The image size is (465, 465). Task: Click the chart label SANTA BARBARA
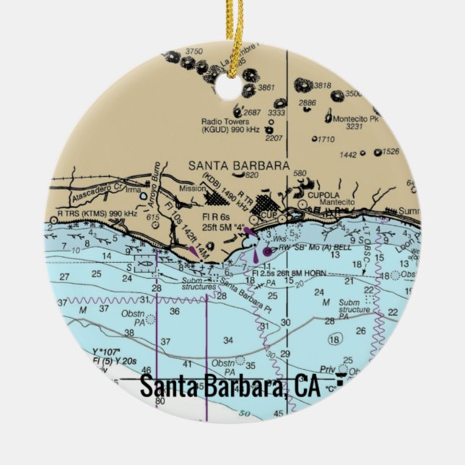pyautogui.click(x=238, y=165)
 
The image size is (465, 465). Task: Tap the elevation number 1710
pyautogui.click(x=326, y=139)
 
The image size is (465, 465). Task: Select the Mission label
pyautogui.click(x=192, y=188)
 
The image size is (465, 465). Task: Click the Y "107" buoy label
pyautogui.click(x=105, y=351)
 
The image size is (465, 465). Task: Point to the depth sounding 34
pyautogui.click(x=228, y=340)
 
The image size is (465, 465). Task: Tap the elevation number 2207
pyautogui.click(x=274, y=137)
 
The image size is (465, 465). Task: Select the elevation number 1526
pyautogui.click(x=391, y=151)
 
